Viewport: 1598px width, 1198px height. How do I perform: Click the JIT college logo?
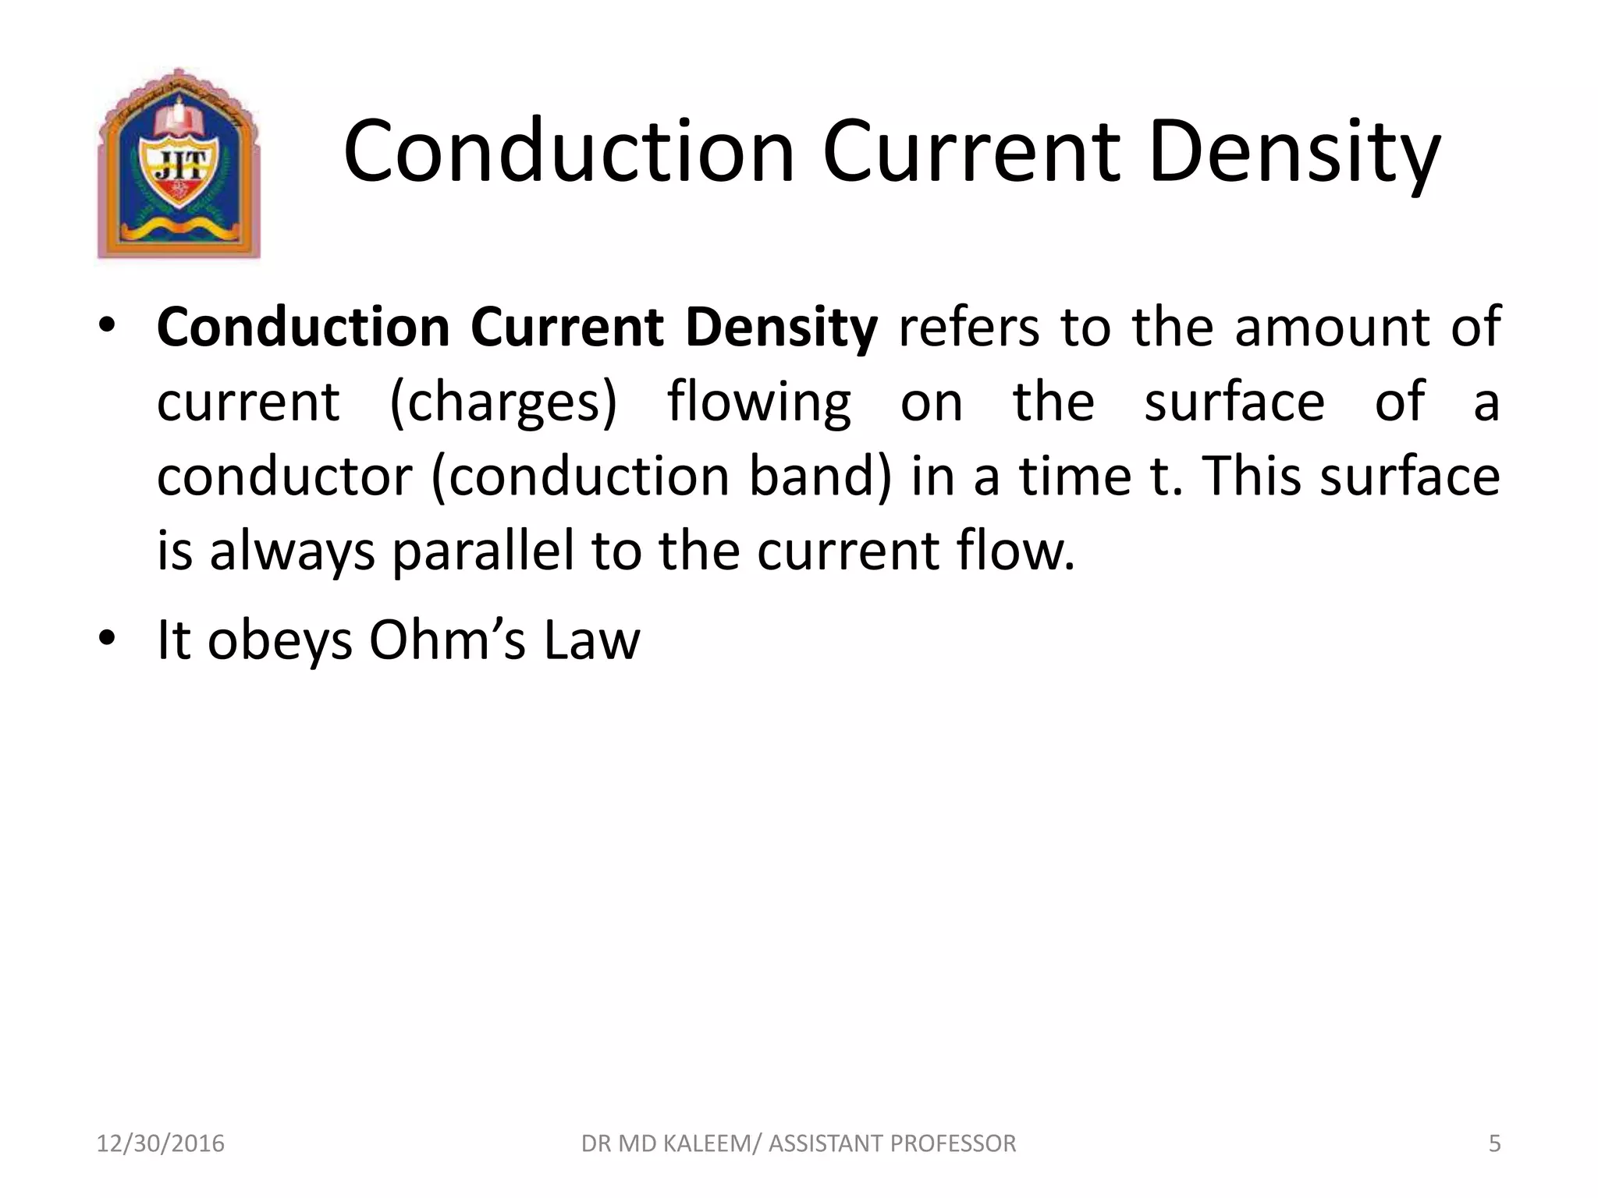[x=178, y=164]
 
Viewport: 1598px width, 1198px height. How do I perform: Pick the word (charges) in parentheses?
[x=503, y=402]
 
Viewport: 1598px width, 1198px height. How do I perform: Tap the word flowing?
[x=758, y=402]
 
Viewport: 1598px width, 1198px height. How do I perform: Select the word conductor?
[x=284, y=477]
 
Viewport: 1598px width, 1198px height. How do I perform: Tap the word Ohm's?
[x=446, y=640]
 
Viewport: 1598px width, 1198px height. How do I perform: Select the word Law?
[x=592, y=640]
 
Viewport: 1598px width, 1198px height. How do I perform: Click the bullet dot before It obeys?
[x=107, y=639]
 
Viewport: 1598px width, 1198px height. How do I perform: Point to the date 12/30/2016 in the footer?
[x=160, y=1143]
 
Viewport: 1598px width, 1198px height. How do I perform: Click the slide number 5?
[x=1494, y=1143]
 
